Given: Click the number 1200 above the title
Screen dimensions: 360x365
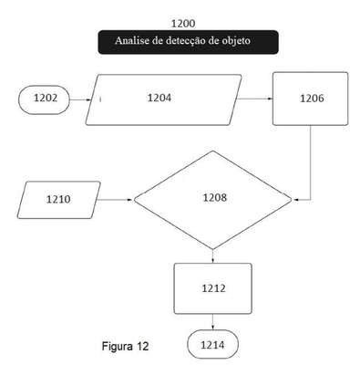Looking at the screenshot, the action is click(183, 24).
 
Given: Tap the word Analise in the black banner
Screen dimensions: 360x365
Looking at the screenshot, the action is click(131, 40).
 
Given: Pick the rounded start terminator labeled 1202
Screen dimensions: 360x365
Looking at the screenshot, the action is click(44, 99).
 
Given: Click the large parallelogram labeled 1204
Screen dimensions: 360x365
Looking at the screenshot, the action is click(163, 99).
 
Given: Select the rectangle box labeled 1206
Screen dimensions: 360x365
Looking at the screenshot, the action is click(310, 99).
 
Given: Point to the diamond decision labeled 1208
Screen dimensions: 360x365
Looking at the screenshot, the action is click(212, 200).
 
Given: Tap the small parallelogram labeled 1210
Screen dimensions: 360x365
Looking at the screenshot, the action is click(58, 200).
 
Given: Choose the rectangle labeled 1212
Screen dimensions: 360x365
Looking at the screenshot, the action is click(212, 288).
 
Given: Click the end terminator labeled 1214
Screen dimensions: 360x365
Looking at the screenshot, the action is click(212, 344).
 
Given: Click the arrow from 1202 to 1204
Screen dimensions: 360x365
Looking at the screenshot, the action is click(80, 99).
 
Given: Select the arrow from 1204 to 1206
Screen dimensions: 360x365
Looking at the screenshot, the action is click(254, 99).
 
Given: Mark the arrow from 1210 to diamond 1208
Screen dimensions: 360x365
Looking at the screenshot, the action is click(115, 200).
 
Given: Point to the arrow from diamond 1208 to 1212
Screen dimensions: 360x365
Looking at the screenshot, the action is click(212, 256).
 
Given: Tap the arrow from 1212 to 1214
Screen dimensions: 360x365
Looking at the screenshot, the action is click(212, 322).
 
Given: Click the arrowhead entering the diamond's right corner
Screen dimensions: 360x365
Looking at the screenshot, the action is click(294, 200).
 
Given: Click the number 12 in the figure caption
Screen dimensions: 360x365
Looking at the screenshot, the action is click(143, 346).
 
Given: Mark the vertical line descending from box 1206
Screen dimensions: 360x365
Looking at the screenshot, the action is click(310, 162).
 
